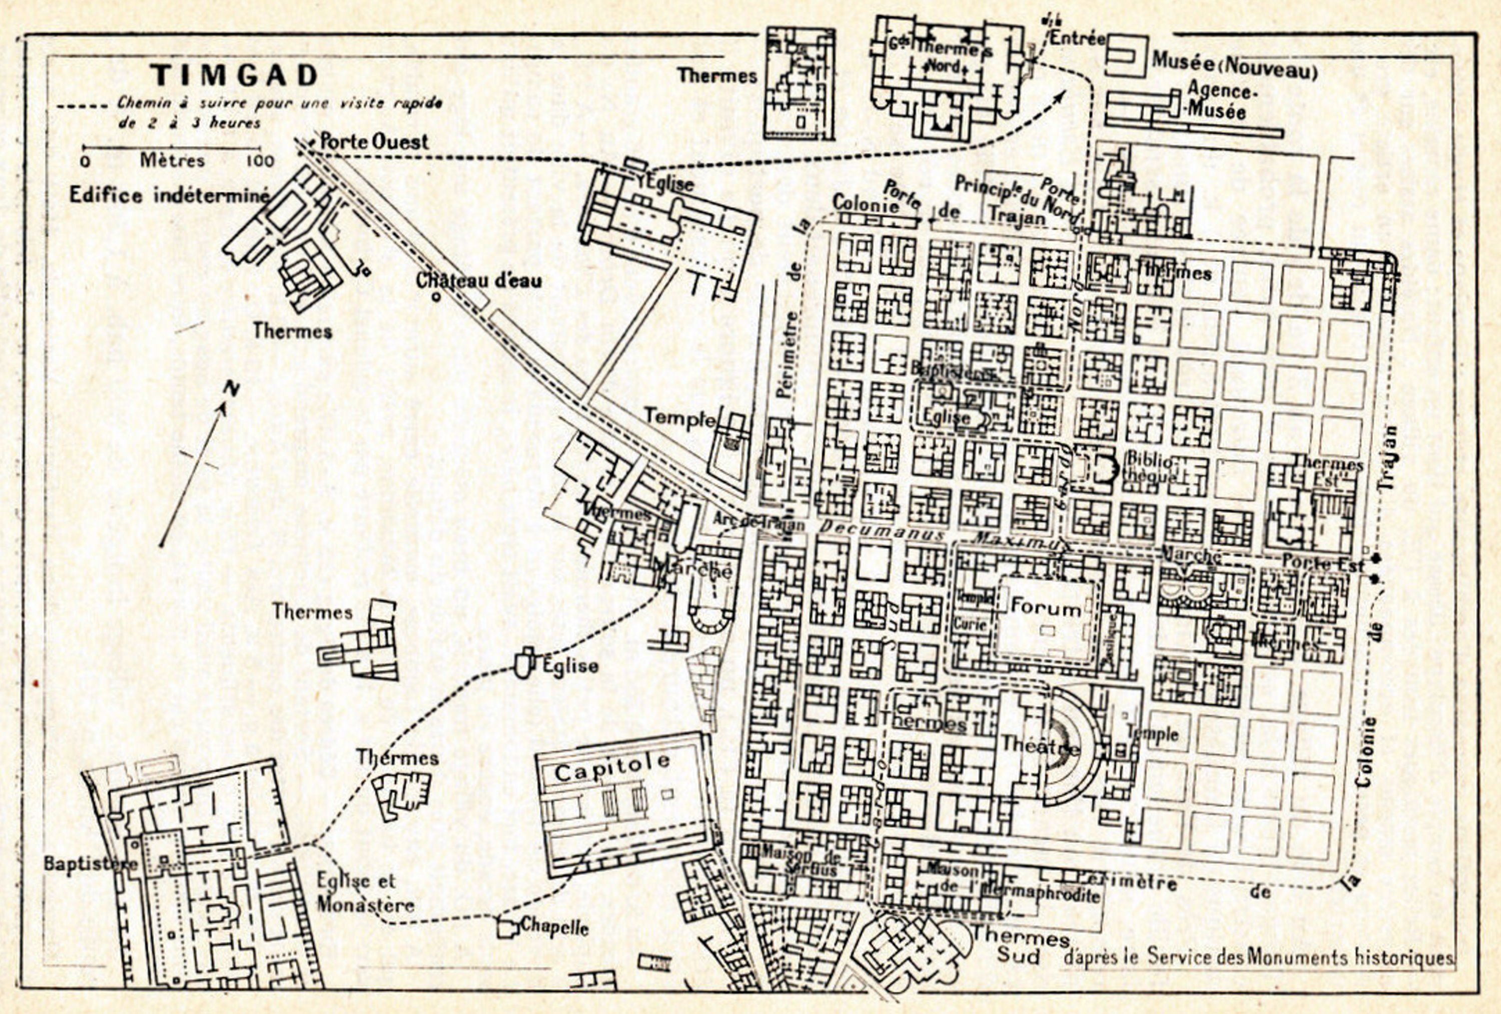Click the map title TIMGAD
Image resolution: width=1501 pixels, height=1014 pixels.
click(x=235, y=75)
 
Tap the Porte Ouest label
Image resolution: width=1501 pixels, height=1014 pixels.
click(x=374, y=142)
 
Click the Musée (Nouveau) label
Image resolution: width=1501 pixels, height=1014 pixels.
click(x=1234, y=65)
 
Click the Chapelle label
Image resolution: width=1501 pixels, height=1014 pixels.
click(x=554, y=927)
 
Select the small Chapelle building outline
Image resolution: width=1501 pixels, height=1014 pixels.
click(x=506, y=928)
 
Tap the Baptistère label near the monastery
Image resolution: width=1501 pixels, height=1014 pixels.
click(x=91, y=863)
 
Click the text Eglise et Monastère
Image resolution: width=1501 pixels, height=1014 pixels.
click(x=365, y=892)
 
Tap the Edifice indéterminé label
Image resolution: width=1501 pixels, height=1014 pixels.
click(x=169, y=194)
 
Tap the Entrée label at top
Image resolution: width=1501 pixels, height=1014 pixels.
click(x=1077, y=38)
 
